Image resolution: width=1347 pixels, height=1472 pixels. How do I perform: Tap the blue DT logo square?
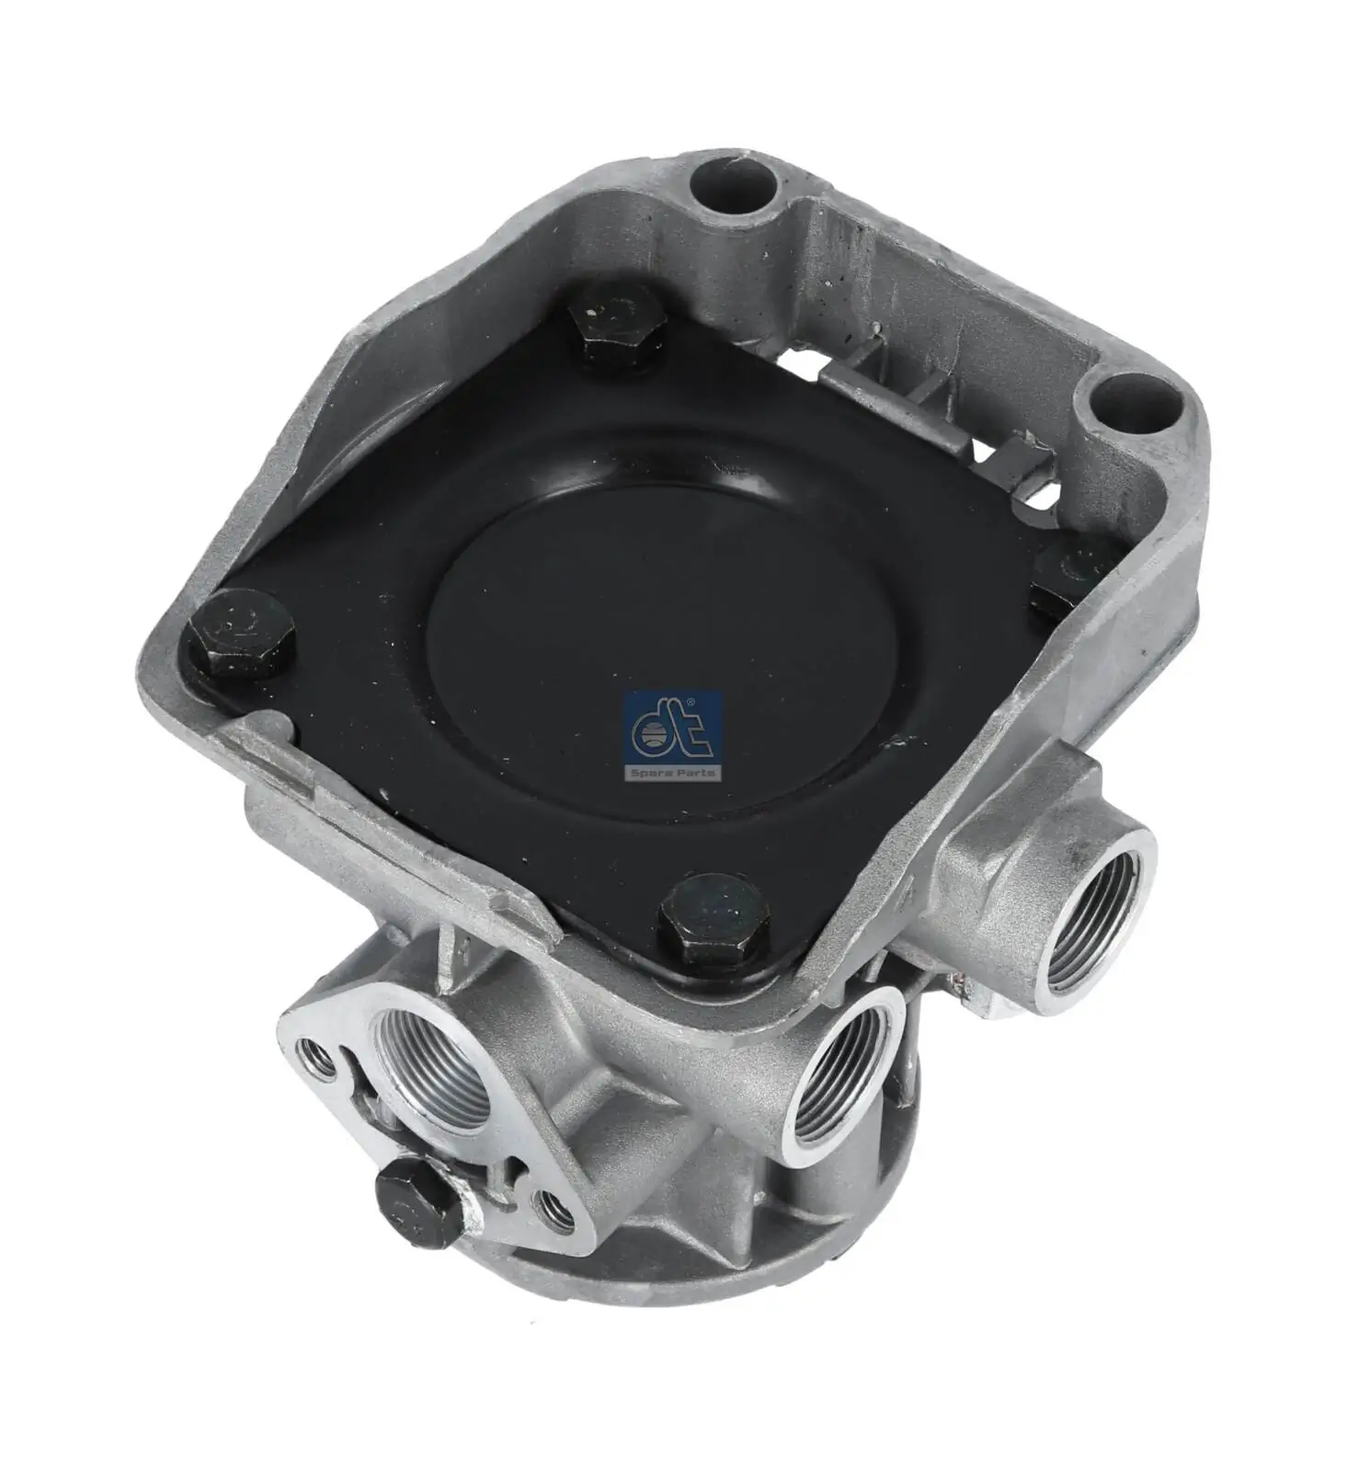click(x=674, y=730)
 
